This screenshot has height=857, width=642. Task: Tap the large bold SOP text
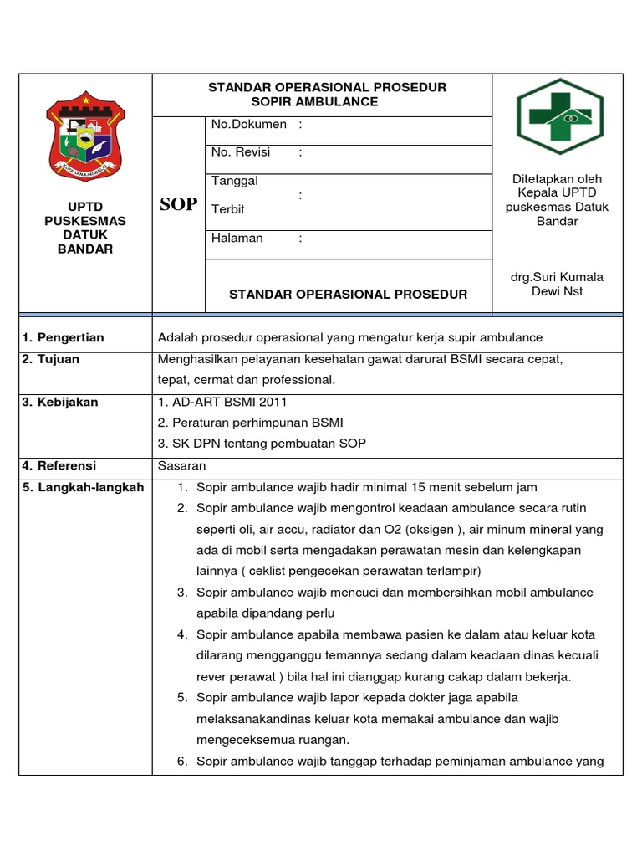click(178, 204)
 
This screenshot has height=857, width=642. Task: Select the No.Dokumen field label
click(248, 125)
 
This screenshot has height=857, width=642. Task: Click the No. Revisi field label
click(244, 152)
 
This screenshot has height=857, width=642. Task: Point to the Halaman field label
click(237, 239)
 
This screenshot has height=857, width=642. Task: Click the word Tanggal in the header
click(235, 181)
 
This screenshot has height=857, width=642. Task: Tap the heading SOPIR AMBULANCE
click(315, 102)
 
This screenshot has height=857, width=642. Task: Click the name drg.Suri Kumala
click(556, 277)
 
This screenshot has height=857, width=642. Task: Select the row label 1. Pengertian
click(64, 337)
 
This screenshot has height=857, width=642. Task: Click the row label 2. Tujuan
click(51, 359)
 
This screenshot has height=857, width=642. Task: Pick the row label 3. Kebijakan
click(60, 402)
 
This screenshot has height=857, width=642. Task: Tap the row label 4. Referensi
click(59, 465)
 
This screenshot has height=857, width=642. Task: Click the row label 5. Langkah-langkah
click(83, 487)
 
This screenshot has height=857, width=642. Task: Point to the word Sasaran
click(181, 465)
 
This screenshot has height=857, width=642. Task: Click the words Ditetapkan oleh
click(556, 179)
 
